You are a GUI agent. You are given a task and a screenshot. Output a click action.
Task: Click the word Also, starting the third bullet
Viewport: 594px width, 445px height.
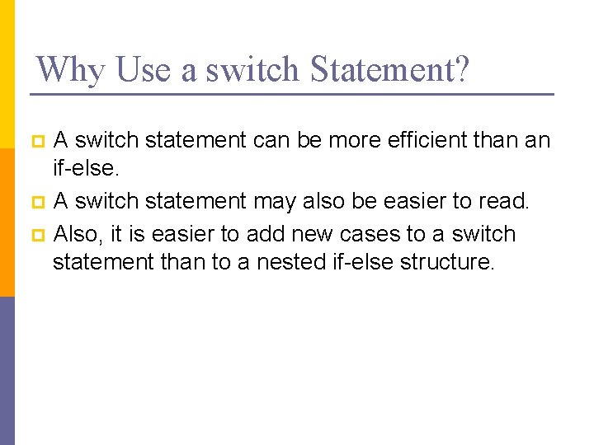click(x=78, y=234)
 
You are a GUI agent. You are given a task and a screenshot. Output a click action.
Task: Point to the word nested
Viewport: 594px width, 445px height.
click(x=297, y=262)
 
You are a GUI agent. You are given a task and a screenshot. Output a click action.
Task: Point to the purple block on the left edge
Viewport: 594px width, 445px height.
click(x=7, y=371)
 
